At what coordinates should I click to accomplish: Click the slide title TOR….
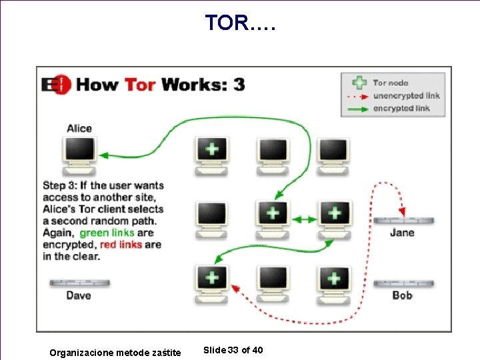pos(239,23)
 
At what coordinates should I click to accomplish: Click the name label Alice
pos(79,129)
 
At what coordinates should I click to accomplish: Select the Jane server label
pos(402,233)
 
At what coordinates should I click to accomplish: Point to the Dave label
pos(79,295)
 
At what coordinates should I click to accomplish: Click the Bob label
pos(402,295)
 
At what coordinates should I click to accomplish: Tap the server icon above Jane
pos(403,221)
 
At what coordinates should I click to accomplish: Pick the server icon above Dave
pos(79,283)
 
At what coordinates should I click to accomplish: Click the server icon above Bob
pos(403,283)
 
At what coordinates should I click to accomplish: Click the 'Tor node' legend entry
pos(391,83)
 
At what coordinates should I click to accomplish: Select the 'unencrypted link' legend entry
pos(406,95)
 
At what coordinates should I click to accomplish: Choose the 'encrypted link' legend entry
pos(401,108)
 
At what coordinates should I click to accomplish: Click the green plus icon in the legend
pos(359,83)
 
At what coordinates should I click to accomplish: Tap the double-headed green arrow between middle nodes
pos(304,219)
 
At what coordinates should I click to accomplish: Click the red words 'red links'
pos(121,245)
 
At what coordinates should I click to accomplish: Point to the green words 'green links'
pos(107,233)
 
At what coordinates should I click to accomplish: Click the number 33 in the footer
pos(233,351)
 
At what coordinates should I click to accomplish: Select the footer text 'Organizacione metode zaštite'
pos(115,352)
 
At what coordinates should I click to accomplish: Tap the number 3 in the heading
pos(238,85)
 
